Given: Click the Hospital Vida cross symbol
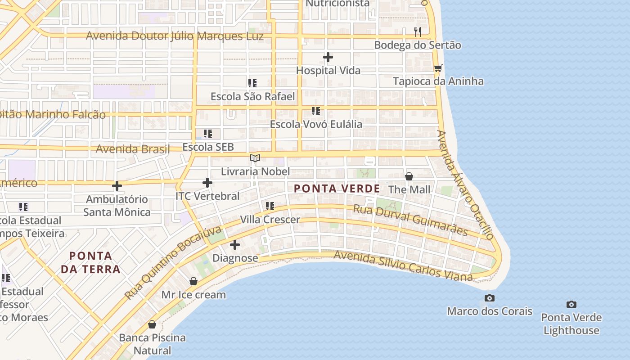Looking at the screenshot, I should (328, 57).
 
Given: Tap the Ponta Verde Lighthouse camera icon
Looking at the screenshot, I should (571, 304).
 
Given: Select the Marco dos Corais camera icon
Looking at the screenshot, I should (490, 298).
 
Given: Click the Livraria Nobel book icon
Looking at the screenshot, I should (255, 158).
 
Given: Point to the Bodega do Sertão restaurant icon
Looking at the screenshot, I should (418, 31).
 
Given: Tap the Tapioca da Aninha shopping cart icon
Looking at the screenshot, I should (438, 68).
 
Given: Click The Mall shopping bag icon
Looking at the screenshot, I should (409, 176).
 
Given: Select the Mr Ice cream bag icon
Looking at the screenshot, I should (193, 281).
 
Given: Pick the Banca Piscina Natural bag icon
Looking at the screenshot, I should (152, 324).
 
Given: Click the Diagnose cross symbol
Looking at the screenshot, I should (235, 245).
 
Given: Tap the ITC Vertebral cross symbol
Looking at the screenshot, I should (207, 183).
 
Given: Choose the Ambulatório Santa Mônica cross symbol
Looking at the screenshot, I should (117, 185).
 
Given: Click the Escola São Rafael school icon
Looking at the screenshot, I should (252, 83).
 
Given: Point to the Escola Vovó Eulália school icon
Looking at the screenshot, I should (316, 111).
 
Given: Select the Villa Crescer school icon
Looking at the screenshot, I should (270, 206).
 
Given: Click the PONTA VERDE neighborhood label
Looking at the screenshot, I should (337, 189).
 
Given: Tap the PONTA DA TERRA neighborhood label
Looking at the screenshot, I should (94, 263).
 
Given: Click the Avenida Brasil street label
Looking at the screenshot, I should (133, 149).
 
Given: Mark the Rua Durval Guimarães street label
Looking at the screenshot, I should (410, 220).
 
